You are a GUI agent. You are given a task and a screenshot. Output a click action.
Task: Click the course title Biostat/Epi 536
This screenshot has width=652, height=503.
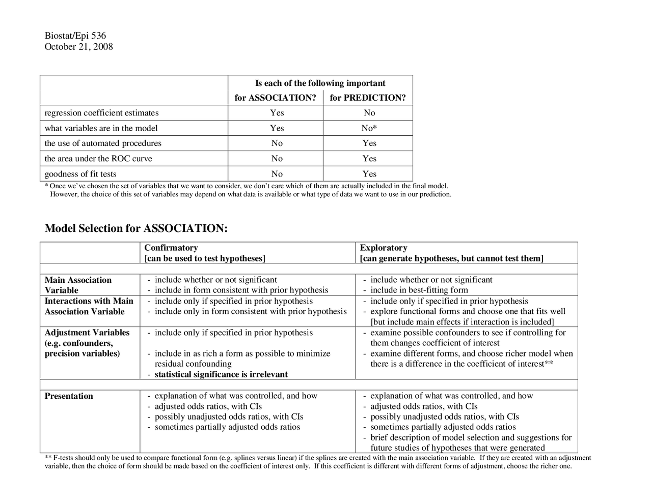(x=75, y=36)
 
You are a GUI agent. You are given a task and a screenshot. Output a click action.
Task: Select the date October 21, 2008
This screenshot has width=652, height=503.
(x=78, y=47)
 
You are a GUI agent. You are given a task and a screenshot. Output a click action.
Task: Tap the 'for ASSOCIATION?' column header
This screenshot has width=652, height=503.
(x=275, y=98)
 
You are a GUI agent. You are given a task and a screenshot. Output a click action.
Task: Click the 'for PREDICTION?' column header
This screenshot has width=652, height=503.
(x=368, y=98)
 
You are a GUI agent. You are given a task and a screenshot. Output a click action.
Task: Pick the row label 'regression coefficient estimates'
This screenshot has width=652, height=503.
(x=101, y=113)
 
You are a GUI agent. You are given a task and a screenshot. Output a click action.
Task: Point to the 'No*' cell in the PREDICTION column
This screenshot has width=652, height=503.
(x=369, y=128)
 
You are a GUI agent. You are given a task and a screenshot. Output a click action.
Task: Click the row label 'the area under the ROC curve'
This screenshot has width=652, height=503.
(x=98, y=159)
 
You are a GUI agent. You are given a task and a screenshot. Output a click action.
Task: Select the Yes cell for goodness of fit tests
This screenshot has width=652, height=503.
(x=369, y=174)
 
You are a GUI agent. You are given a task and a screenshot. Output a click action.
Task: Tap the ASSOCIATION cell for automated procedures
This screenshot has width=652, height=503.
(x=277, y=143)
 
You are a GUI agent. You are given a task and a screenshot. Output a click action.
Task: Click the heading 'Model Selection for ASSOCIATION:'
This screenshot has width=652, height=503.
(x=136, y=228)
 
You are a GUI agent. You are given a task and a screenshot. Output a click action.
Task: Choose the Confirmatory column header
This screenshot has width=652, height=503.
(x=171, y=248)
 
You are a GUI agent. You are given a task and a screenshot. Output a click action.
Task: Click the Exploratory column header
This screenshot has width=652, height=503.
(x=384, y=248)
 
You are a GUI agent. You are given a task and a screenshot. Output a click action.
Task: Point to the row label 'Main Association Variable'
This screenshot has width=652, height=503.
(x=77, y=285)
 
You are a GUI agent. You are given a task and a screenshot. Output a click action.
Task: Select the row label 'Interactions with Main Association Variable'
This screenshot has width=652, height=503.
(x=89, y=306)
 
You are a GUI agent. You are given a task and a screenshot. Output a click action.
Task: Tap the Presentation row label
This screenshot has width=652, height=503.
(x=69, y=396)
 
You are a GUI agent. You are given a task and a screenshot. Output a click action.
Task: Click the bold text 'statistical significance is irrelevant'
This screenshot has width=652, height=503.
(x=221, y=374)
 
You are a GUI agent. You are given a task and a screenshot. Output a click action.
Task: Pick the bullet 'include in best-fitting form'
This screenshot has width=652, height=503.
(x=419, y=290)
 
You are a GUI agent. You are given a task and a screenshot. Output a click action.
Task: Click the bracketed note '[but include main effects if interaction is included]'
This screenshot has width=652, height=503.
(x=462, y=322)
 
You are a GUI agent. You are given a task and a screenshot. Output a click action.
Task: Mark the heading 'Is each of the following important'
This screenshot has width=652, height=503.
(x=320, y=83)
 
